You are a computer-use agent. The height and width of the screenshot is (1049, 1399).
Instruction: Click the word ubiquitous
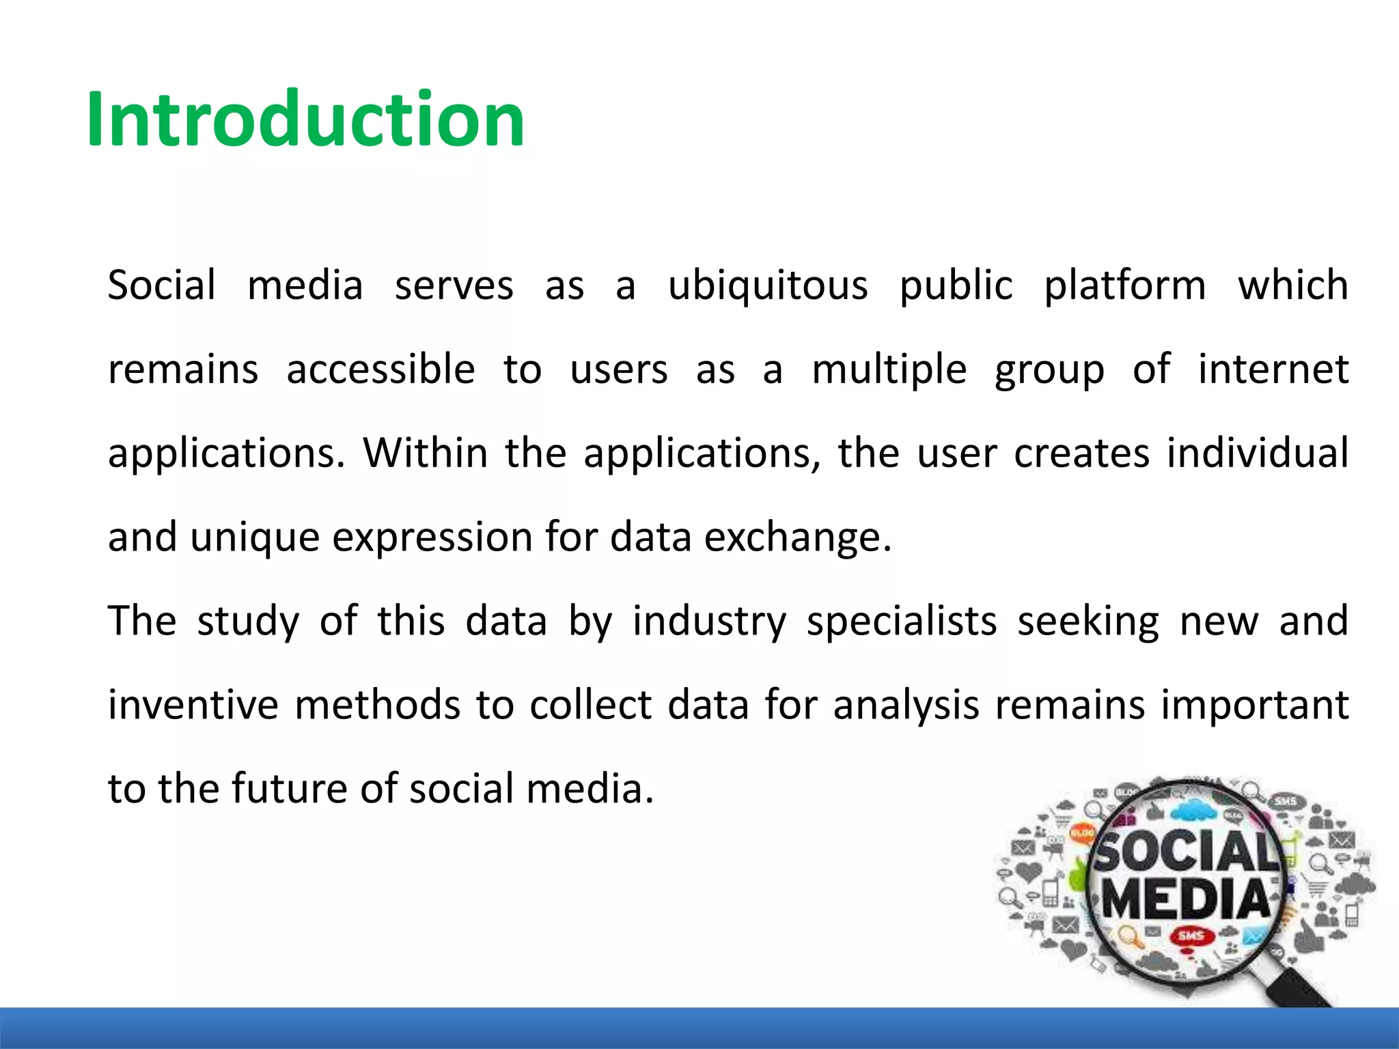(768, 285)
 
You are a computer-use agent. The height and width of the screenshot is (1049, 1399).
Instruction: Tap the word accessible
(380, 369)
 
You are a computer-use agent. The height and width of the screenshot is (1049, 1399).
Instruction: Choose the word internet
(1273, 369)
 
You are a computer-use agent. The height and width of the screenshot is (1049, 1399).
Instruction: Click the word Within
(425, 453)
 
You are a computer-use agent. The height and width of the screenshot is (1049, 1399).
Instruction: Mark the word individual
(1258, 453)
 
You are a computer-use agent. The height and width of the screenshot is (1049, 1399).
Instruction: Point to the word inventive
(193, 705)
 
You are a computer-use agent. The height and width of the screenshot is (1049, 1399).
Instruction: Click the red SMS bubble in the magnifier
(1190, 936)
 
